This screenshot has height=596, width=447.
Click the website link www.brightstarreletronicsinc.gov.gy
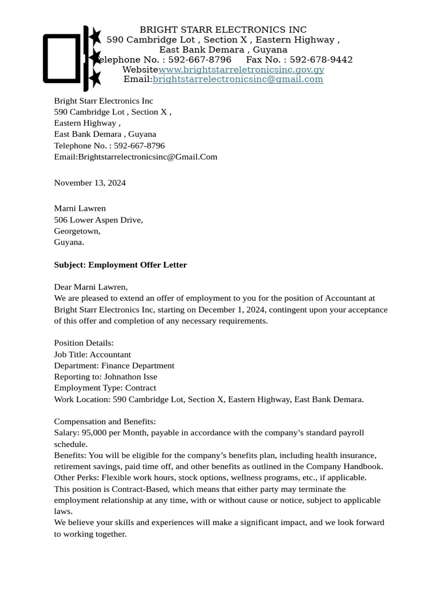coord(241,70)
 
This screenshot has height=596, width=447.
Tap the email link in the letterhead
coord(237,79)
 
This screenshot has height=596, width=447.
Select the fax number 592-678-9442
coord(321,60)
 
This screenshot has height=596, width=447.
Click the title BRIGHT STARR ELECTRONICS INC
coord(223,30)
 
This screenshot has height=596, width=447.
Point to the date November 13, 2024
coord(90,183)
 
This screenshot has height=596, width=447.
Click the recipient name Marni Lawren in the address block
coord(80,208)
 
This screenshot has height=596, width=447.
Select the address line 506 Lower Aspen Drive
coord(98,220)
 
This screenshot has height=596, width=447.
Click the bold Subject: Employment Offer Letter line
coord(120,265)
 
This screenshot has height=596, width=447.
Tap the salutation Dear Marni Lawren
coord(91,287)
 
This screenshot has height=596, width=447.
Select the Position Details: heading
coord(84,343)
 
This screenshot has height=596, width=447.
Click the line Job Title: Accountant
coord(93,354)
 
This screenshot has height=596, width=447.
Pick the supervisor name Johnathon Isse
coord(130,377)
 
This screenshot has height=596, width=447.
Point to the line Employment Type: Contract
coord(105,388)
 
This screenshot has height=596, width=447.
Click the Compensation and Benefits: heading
coord(105,421)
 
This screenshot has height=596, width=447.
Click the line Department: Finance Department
coord(114,366)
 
